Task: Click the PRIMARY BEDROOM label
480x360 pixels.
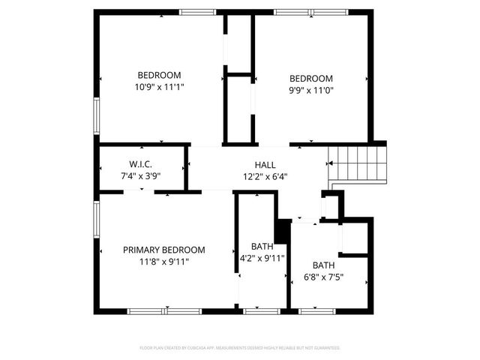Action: [x=163, y=250]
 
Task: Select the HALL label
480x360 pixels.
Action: [x=265, y=165]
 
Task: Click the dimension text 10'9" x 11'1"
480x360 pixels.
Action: [x=159, y=87]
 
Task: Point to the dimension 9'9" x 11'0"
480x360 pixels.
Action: [x=311, y=90]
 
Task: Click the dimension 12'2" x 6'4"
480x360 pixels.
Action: [x=265, y=177]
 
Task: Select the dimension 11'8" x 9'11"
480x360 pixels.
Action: [x=163, y=262]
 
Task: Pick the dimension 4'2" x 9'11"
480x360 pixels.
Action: [x=262, y=259]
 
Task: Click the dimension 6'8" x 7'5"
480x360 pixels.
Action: [x=324, y=277]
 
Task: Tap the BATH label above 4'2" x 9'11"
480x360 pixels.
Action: [x=262, y=247]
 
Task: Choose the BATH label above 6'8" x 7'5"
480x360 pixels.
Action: [x=324, y=265]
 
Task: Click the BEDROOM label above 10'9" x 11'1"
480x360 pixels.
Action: [x=159, y=75]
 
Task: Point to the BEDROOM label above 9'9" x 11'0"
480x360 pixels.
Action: [x=311, y=79]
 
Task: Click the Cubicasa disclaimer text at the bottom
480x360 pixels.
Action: [x=240, y=348]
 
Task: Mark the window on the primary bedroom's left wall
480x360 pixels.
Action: [x=96, y=221]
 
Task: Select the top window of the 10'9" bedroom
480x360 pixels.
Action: [x=197, y=12]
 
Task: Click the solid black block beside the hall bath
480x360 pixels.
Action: [x=283, y=231]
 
